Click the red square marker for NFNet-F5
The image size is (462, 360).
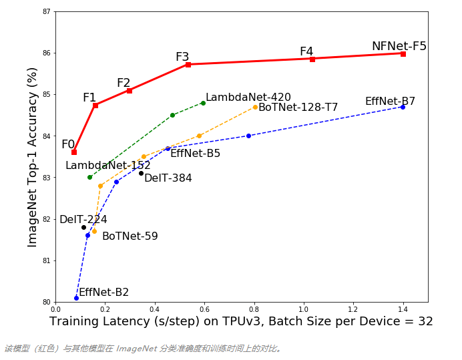tap(403, 53)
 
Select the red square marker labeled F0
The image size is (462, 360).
tap(74, 152)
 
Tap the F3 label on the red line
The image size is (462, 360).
tap(182, 57)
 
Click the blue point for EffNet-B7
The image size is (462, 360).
tap(403, 107)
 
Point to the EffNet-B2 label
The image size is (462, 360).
tap(103, 293)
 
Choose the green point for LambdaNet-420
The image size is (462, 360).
tap(203, 103)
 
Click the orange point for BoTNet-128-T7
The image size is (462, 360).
tap(255, 107)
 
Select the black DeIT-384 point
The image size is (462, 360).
tap(141, 173)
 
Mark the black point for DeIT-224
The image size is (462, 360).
tap(83, 227)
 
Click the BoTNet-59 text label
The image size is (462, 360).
tap(130, 236)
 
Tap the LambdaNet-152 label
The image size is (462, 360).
tap(107, 166)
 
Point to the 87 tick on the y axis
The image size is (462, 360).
tap(46, 11)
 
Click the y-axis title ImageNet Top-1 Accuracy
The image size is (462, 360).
tap(33, 157)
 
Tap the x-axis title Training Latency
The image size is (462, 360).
tap(241, 322)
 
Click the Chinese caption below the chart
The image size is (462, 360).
tap(144, 349)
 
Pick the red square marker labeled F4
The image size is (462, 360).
tap(312, 59)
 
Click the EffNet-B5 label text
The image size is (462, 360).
tap(195, 154)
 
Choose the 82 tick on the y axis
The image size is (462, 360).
tap(46, 219)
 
